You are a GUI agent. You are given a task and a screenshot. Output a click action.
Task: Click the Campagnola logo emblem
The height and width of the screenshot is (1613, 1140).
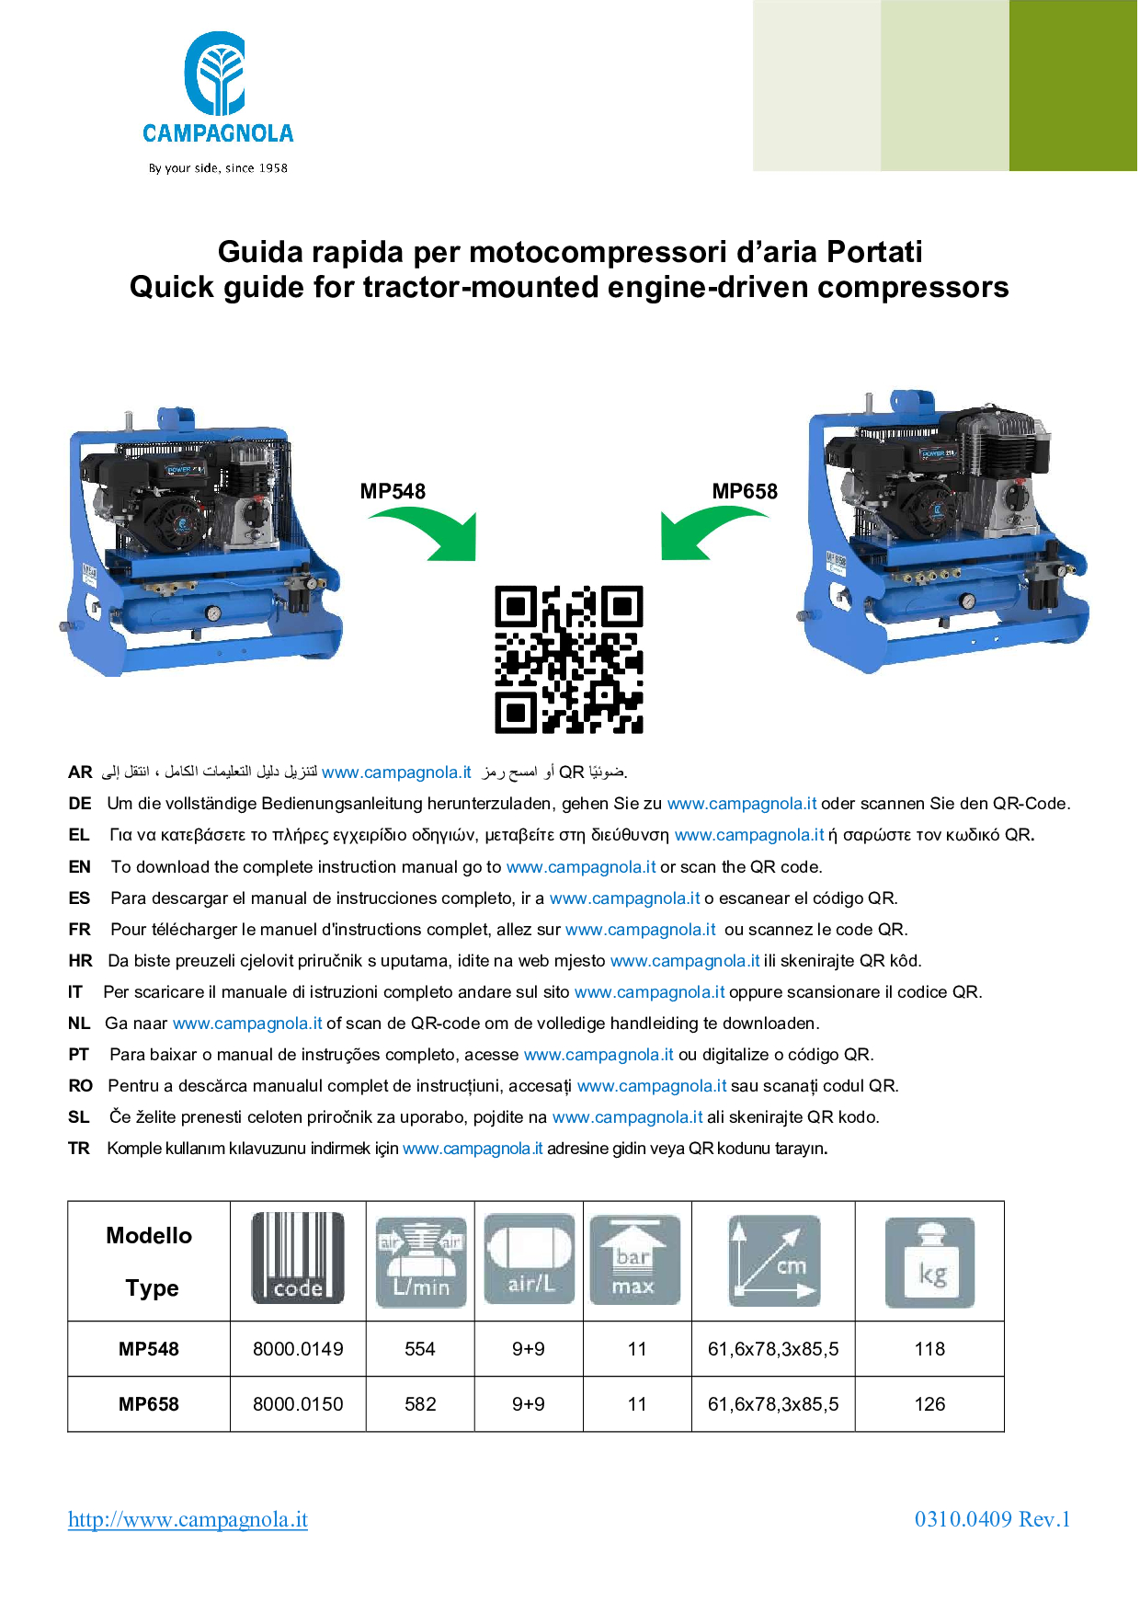point(215,74)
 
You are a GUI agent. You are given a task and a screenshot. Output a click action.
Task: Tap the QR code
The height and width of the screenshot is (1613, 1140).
point(569,659)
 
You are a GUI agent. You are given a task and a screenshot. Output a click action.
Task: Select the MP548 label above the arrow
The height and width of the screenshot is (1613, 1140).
point(393,491)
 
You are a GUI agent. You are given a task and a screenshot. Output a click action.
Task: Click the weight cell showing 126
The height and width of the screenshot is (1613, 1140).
point(929,1404)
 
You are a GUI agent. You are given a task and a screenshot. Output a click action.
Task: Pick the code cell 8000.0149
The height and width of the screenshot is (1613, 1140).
point(298,1349)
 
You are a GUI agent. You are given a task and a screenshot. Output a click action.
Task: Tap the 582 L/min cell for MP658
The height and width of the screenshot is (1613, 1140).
point(420,1404)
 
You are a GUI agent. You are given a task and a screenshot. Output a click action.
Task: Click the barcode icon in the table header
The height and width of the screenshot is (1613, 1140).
point(298,1258)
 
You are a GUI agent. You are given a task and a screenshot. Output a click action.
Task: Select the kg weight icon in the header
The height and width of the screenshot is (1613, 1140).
point(929,1263)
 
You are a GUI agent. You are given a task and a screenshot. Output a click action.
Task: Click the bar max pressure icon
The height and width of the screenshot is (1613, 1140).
point(634,1260)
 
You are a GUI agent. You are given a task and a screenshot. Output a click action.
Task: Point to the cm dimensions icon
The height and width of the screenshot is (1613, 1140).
point(773,1261)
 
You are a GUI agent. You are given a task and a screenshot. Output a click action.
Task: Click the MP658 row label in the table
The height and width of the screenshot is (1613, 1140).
point(149,1404)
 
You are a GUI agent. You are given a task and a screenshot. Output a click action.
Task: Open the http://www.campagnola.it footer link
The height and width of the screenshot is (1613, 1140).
point(188,1519)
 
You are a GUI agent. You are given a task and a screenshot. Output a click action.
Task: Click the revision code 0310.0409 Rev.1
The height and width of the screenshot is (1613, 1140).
point(992,1519)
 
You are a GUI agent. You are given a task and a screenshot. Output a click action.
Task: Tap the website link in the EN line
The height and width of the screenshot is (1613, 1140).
point(581,867)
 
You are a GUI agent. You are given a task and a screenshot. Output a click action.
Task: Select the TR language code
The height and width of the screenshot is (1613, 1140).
point(79,1149)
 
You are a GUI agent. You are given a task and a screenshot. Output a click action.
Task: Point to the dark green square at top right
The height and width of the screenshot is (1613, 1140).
point(1074,86)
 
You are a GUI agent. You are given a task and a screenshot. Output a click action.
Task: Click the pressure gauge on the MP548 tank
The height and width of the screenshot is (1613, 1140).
point(213,613)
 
